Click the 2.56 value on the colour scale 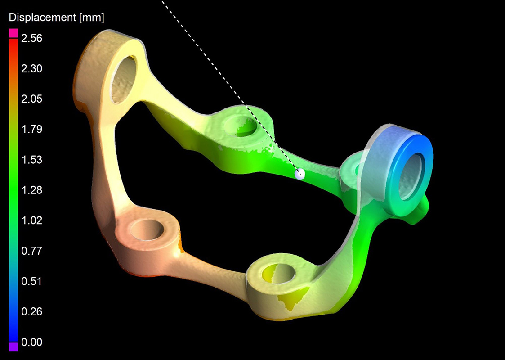(32, 39)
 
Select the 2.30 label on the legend (32, 69)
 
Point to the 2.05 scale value (32, 99)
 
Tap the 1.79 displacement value (32, 130)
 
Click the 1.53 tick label (32, 160)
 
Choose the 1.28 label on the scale (32, 190)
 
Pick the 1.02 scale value (32, 220)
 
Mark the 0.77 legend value (32, 251)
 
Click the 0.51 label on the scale (32, 281)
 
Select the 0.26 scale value (32, 312)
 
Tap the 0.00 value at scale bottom (32, 342)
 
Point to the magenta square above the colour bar (13, 32)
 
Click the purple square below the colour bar (13, 346)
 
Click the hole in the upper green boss (242, 126)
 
